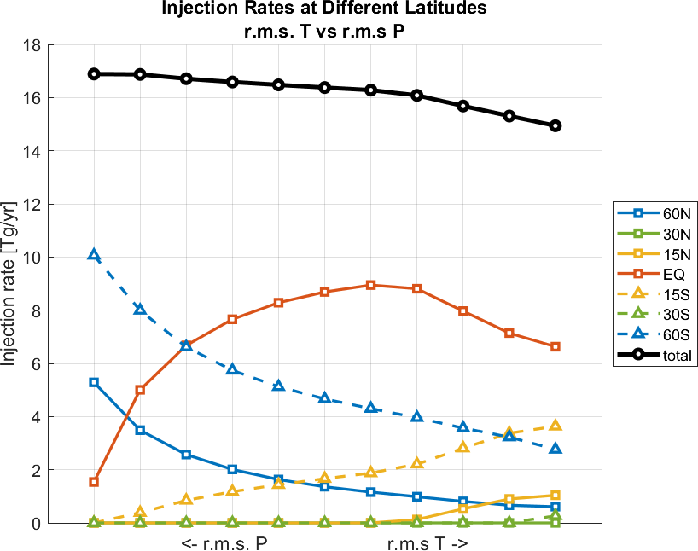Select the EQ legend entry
(x=662, y=275)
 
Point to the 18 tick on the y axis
(x=31, y=45)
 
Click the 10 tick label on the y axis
(x=31, y=258)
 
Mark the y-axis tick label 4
(x=35, y=417)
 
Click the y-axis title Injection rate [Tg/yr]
(x=10, y=283)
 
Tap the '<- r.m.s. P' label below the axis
(x=227, y=544)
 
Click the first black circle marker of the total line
(x=94, y=74)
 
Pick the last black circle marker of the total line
(x=555, y=125)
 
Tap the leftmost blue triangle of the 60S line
(x=94, y=255)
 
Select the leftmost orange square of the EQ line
(x=94, y=482)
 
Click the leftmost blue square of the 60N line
(x=94, y=382)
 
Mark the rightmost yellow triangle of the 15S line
(x=555, y=426)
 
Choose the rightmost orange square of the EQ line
(x=555, y=347)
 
